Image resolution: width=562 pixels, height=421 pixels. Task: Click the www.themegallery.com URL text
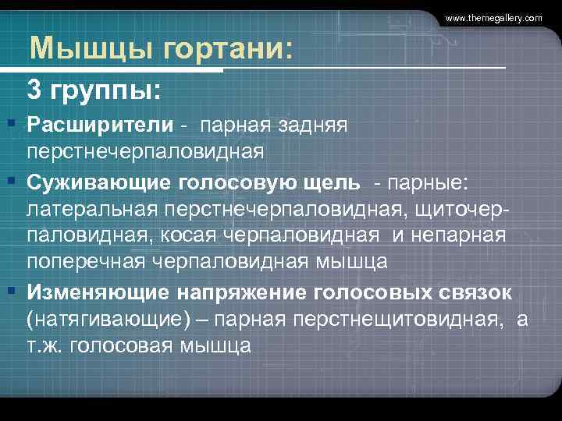(x=494, y=17)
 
